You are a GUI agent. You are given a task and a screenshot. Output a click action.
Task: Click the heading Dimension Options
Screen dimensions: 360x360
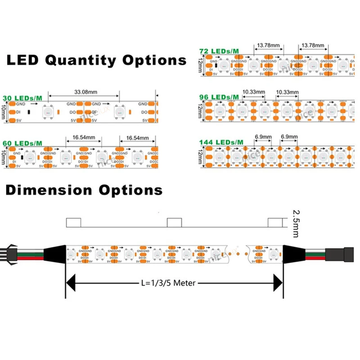[x=84, y=190]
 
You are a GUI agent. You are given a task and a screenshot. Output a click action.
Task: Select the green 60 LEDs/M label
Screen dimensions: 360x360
[x=22, y=143]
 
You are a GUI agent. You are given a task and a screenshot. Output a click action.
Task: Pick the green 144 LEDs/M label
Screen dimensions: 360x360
[x=221, y=142]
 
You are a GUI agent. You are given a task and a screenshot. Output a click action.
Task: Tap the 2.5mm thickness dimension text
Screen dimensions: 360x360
[x=295, y=222]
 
